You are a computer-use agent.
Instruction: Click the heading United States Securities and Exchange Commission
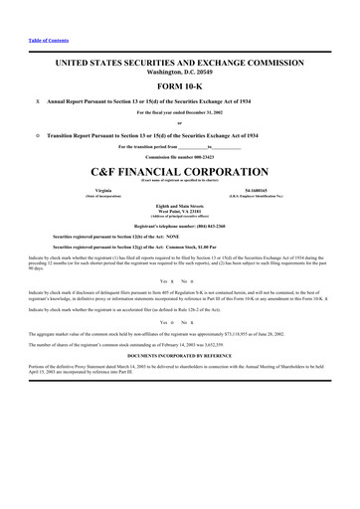(x=180, y=62)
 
